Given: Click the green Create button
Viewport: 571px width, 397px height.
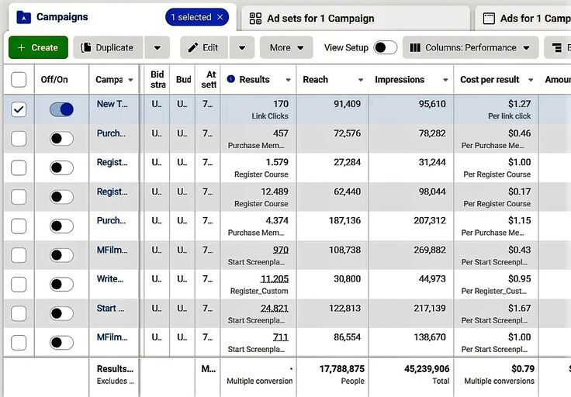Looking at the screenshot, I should click(x=38, y=47).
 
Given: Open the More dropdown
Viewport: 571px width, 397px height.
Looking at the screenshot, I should click(x=286, y=47).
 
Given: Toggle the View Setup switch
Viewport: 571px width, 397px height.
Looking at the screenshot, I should click(x=385, y=47).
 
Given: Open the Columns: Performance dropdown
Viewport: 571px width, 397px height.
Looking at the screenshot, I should click(x=470, y=47).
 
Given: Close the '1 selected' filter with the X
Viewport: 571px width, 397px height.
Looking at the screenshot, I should click(x=220, y=17).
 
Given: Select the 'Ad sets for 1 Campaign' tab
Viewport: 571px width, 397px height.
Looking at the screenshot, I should click(x=320, y=18).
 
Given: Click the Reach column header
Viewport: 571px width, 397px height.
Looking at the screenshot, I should click(x=315, y=79).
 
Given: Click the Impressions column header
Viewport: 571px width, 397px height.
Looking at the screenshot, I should click(x=400, y=79).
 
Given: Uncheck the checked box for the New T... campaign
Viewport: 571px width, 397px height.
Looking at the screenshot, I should click(x=19, y=109).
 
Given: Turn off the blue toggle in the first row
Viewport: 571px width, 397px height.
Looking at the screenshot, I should click(x=61, y=109).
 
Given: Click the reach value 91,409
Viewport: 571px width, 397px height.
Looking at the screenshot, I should click(x=342, y=104).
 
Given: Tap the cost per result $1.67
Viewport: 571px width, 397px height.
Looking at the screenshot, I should click(x=519, y=308).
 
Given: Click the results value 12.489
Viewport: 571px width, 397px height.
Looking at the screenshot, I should click(x=274, y=192).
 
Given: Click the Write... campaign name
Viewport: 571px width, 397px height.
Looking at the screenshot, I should click(x=110, y=279).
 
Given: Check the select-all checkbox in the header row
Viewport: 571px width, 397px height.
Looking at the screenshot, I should click(x=19, y=79).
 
